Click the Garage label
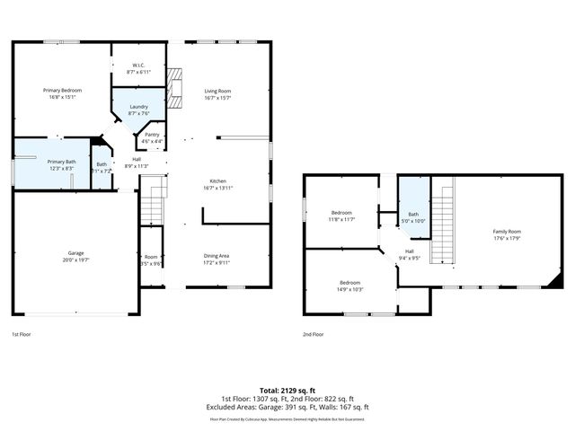coord(75,255)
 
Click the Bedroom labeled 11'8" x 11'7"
coord(341,215)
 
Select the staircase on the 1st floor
coord(154,199)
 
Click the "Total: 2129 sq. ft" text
coord(287,390)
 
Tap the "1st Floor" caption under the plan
coord(22,334)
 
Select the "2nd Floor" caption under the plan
coord(314,334)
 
